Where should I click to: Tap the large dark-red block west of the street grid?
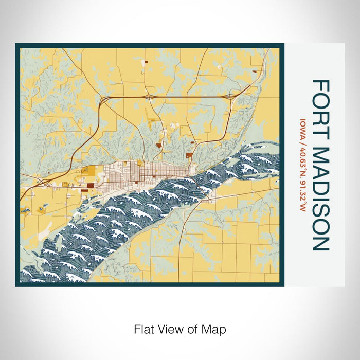click(91, 186)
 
